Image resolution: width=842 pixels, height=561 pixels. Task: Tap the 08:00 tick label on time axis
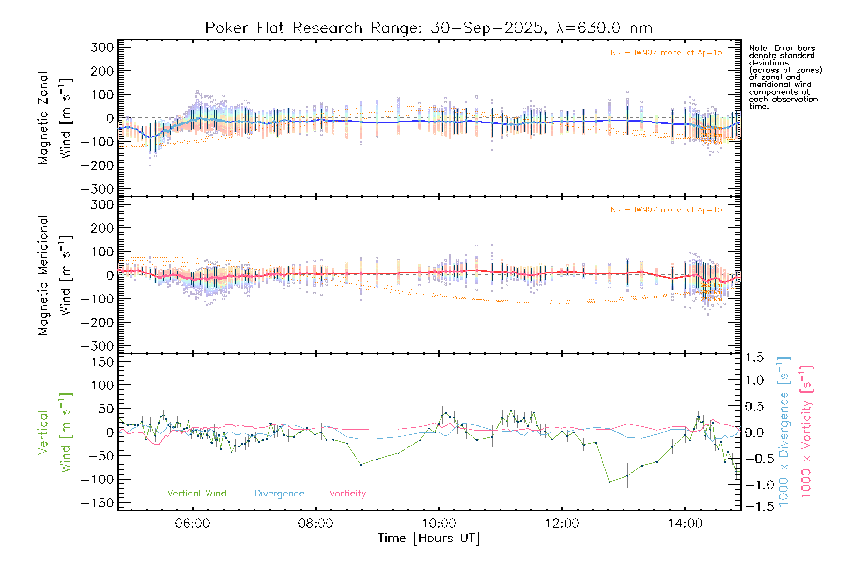(316, 524)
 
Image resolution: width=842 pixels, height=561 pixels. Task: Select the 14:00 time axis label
(685, 524)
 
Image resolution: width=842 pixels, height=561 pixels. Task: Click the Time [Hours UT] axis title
(429, 539)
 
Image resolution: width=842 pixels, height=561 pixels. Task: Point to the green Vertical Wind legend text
(196, 494)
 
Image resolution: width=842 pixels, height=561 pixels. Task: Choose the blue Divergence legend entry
(279, 494)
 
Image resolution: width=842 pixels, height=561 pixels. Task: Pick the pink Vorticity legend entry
(347, 494)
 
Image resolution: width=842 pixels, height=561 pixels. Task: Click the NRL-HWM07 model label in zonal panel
(666, 53)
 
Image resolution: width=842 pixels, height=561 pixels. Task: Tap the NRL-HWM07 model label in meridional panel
(666, 210)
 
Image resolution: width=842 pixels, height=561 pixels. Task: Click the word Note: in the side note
(759, 48)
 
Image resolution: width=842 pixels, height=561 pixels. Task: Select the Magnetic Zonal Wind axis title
(55, 118)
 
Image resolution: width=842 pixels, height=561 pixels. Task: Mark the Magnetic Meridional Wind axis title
(55, 275)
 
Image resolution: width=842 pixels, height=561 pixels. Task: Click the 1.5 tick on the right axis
(754, 358)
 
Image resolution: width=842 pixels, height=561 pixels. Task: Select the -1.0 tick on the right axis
(754, 485)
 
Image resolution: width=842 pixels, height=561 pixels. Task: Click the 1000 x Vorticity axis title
(806, 431)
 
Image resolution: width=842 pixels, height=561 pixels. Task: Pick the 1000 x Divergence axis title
(784, 431)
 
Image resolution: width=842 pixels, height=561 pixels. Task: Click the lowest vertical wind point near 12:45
(610, 482)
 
